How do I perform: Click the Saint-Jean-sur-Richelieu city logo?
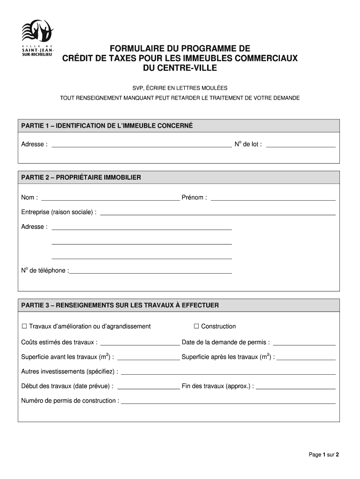38,39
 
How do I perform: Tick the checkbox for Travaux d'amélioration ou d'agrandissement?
24,326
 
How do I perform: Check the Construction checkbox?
196,326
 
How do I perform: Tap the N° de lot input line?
300,145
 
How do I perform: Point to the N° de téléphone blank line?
151,271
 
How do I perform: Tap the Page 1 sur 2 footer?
323,455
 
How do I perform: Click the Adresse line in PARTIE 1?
141,145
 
